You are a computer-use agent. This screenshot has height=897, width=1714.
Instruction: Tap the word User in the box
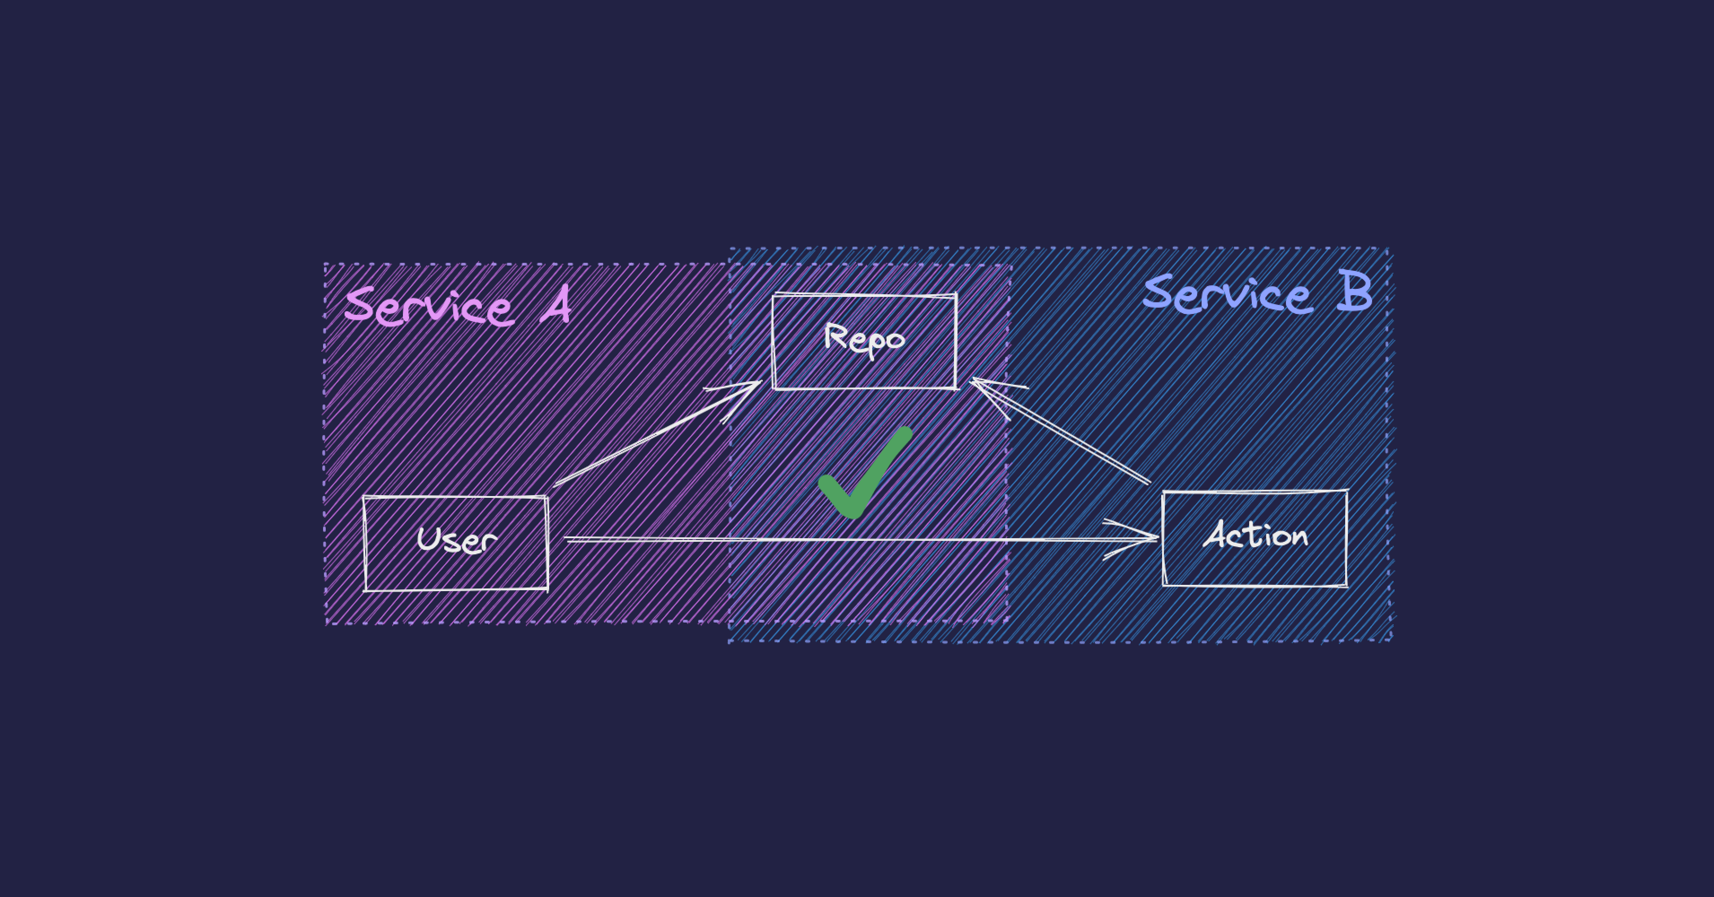pyautogui.click(x=456, y=540)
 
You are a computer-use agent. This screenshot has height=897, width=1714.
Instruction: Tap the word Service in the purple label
pyautogui.click(x=429, y=307)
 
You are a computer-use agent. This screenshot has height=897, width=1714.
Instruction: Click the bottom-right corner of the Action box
pyautogui.click(x=1347, y=586)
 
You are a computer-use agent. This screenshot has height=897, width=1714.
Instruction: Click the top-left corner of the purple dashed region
pyautogui.click(x=325, y=265)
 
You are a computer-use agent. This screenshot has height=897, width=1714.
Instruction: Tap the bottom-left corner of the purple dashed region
pyautogui.click(x=327, y=624)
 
